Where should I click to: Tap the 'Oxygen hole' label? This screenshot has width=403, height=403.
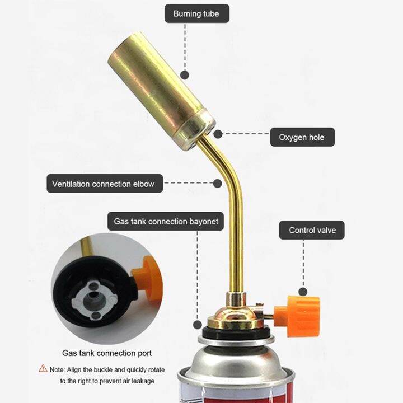coord(302,137)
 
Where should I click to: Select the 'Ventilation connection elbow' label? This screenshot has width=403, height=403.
coord(104,184)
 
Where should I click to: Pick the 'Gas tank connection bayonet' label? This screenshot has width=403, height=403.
coord(166,221)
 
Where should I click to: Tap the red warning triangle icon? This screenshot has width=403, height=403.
coord(43,369)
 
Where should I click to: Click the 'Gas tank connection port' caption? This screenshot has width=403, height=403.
coord(106,353)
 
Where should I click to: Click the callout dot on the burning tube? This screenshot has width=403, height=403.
coord(185,73)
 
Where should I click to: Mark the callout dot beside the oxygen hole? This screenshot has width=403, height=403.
coord(218,134)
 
